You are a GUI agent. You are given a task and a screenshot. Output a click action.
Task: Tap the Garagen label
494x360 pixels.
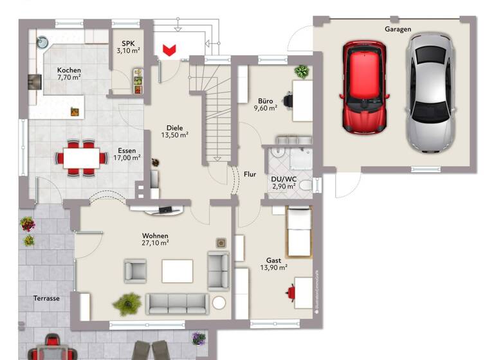click(x=398, y=29)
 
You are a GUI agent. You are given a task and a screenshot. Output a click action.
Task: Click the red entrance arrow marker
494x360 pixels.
click(x=170, y=50)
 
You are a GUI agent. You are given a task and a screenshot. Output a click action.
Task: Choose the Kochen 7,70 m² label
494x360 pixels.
click(x=69, y=73)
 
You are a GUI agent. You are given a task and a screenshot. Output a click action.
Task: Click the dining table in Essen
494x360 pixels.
click(x=82, y=157)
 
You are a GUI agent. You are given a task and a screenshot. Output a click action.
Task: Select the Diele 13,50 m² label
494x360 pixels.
click(x=174, y=131)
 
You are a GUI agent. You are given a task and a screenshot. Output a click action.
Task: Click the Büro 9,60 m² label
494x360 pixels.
click(x=267, y=105)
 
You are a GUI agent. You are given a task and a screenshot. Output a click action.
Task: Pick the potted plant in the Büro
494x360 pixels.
click(x=301, y=71)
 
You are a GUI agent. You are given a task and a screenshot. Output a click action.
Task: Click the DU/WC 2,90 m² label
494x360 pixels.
click(x=283, y=182)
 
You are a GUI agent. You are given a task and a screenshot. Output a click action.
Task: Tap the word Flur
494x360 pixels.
click(x=250, y=174)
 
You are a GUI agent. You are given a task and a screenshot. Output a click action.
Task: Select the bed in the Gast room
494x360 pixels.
click(x=298, y=233)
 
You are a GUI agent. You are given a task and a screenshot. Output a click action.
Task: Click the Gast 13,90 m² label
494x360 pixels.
click(x=274, y=264)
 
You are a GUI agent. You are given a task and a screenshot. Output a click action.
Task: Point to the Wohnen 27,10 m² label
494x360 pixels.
click(x=156, y=239)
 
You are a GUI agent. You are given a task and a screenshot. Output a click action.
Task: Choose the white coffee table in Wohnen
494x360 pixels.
click(x=177, y=270)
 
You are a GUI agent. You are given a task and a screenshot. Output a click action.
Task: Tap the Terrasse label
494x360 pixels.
click(x=46, y=299)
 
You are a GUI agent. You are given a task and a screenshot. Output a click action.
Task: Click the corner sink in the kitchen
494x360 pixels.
click(x=42, y=42)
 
